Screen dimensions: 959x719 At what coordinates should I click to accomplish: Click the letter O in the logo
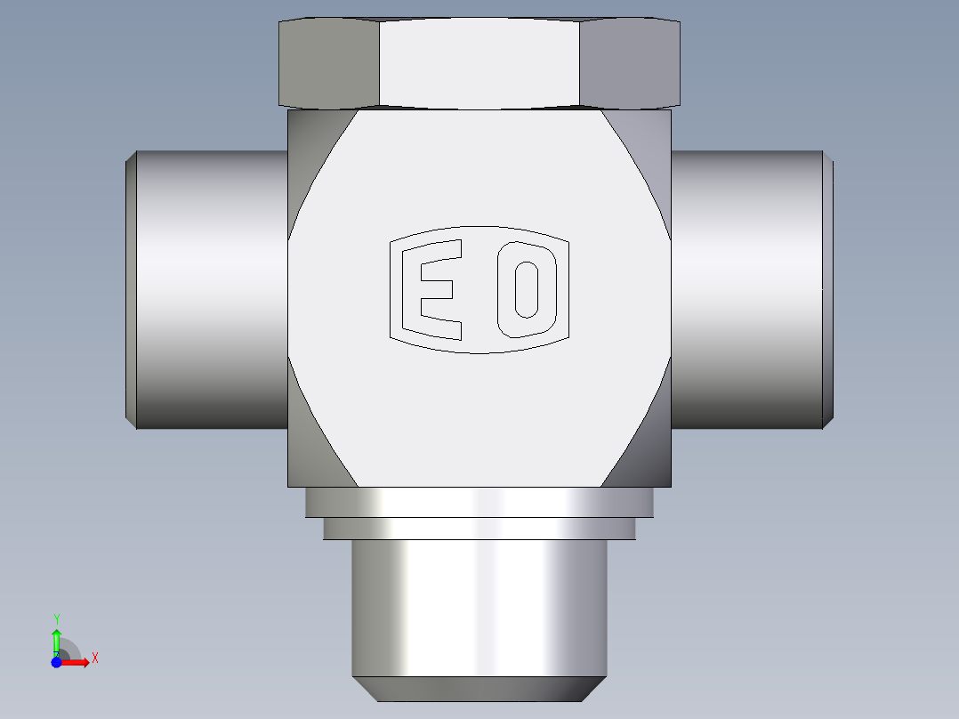[x=527, y=289]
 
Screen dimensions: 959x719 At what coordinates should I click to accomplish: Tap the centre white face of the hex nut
[x=479, y=63]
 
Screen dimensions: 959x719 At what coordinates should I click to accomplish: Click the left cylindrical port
[x=212, y=289]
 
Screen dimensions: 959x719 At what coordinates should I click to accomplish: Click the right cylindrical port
[x=746, y=289]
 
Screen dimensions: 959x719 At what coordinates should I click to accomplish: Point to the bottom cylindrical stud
[x=479, y=608]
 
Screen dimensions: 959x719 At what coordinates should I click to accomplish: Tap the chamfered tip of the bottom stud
[x=479, y=689]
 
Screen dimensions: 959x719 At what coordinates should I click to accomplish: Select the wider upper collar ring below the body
[x=479, y=503]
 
